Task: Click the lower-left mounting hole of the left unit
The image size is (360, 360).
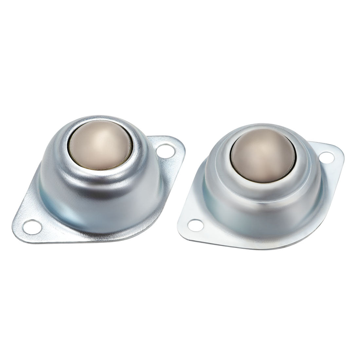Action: [32, 226]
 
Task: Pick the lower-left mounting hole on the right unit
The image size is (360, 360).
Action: [195, 225]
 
